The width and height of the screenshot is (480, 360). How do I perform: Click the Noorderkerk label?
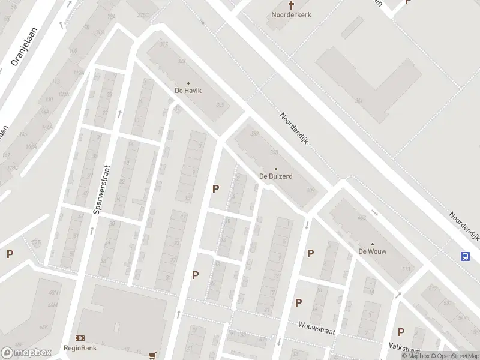click(x=291, y=14)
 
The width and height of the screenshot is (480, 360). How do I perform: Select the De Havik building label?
click(x=188, y=91)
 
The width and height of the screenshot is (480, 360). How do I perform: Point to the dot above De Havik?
click(x=188, y=83)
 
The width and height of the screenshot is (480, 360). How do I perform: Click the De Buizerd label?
click(x=275, y=176)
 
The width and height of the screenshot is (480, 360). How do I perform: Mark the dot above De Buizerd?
click(x=275, y=169)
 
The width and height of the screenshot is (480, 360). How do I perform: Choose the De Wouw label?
click(x=372, y=251)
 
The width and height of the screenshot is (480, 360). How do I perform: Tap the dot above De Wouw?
click(x=372, y=244)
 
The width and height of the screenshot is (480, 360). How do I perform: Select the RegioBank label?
click(x=80, y=347)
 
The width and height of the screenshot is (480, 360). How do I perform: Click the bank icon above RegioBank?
click(x=80, y=338)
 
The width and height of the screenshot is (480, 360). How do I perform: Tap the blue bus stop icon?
click(x=465, y=256)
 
